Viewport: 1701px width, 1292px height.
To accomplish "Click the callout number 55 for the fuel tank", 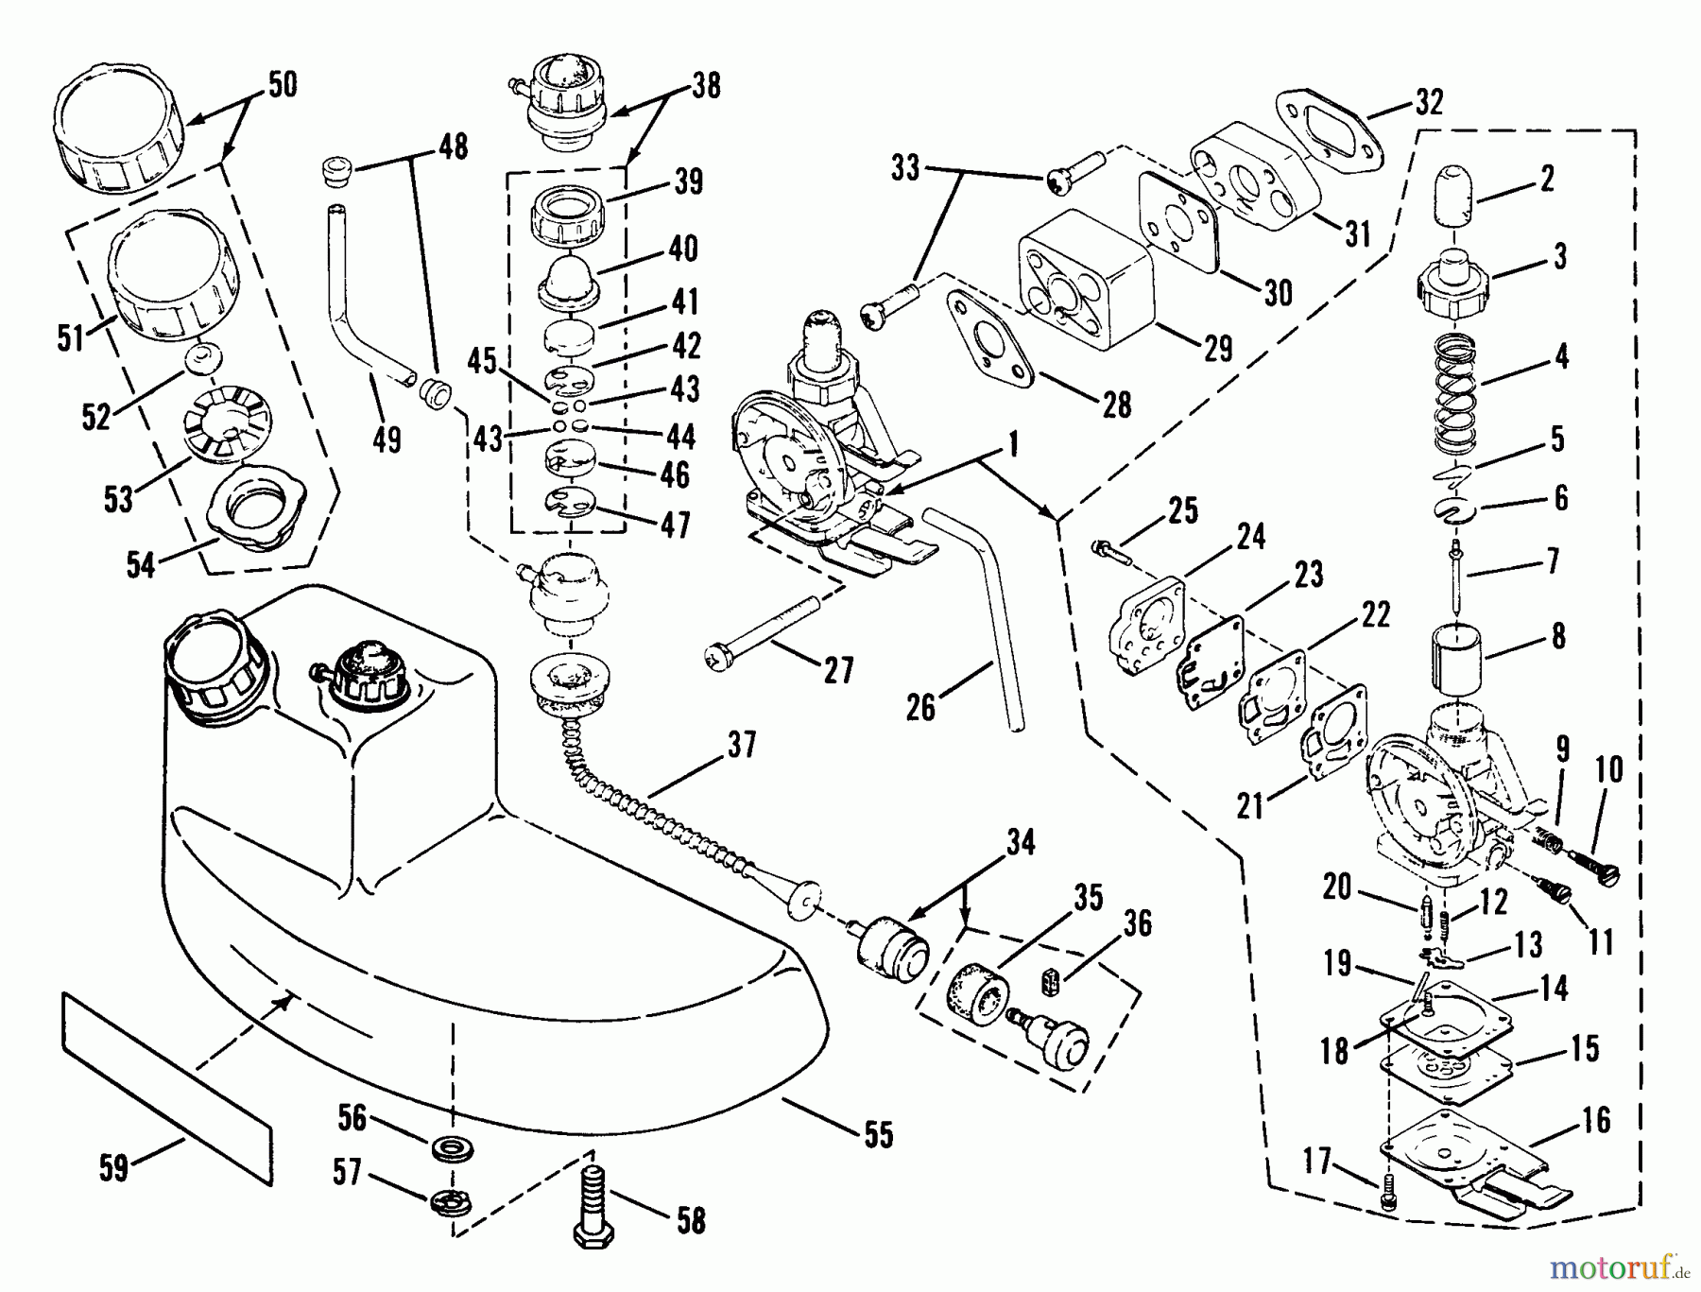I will click(878, 1134).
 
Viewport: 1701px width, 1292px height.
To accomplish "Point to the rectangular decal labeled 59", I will click(166, 1087).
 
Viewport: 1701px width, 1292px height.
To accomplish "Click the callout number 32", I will click(1429, 102).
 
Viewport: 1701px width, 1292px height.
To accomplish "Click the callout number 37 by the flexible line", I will click(742, 745).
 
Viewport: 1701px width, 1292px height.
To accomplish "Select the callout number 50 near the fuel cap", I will click(282, 85).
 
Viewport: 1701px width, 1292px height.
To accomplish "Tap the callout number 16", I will click(1596, 1121).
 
